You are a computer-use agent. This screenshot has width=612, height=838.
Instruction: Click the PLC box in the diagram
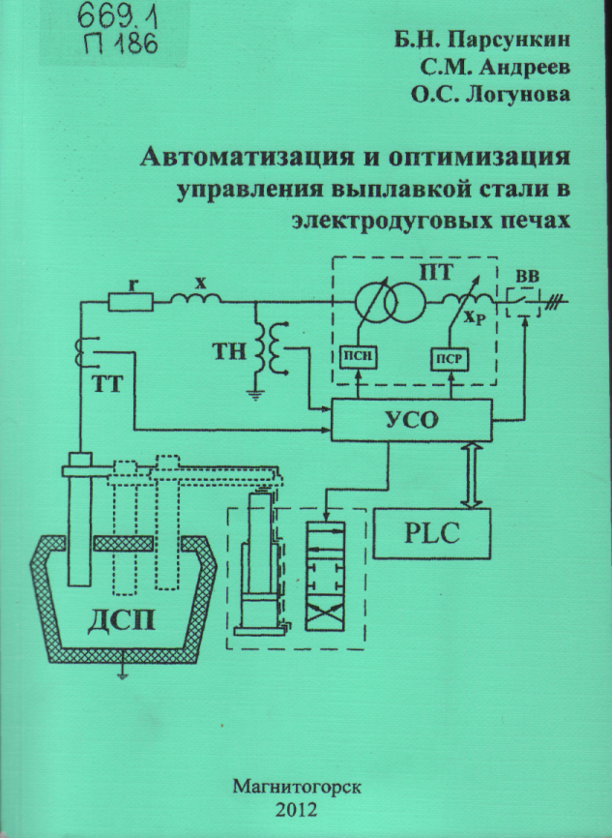click(x=432, y=532)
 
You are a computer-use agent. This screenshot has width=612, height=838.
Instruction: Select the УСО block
click(x=411, y=421)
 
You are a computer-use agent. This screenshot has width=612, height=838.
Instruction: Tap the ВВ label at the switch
click(x=529, y=278)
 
